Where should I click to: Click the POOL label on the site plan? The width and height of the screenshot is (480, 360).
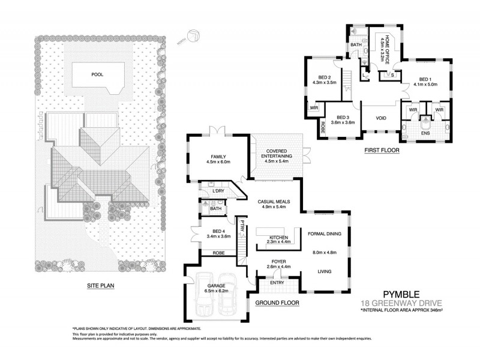point(97,75)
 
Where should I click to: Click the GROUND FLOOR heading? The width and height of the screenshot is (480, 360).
point(277,303)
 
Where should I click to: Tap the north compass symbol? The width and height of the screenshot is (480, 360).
point(194,36)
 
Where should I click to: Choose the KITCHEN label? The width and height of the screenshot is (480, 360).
point(279,238)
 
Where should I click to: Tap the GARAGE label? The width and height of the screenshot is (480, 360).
point(215,286)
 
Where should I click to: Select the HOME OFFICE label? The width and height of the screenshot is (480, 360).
point(388,47)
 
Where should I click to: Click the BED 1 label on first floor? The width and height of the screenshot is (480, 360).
point(425,79)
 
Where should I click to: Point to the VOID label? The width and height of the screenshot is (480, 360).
point(381,118)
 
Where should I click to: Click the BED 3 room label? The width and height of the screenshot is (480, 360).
point(343,118)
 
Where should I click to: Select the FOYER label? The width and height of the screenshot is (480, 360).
point(279,262)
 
